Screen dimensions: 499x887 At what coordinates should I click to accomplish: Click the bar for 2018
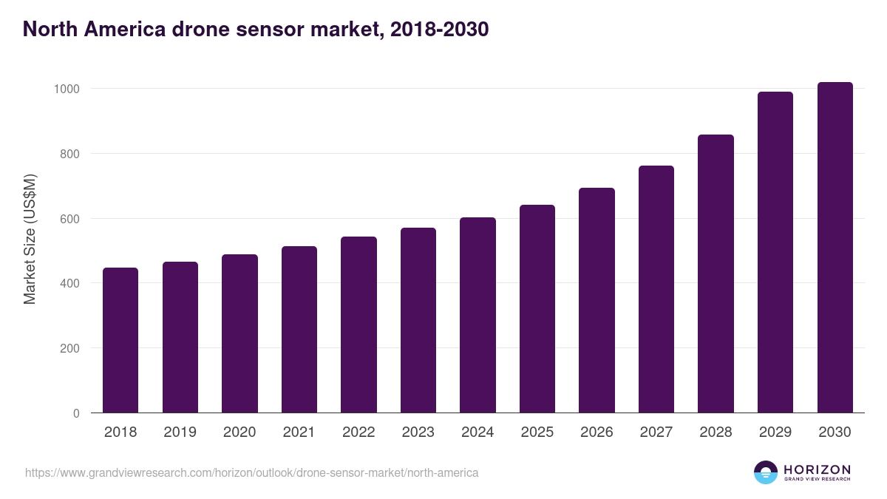point(120,340)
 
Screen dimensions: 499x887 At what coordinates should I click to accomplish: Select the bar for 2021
point(299,330)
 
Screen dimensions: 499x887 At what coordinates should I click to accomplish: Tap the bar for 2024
point(478,315)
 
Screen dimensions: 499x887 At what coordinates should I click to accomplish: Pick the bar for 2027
point(656,289)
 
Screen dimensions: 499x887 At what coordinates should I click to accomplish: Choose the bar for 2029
point(775,252)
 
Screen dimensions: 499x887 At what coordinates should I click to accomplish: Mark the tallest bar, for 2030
point(835,248)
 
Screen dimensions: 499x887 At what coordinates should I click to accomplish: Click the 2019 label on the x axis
point(180,432)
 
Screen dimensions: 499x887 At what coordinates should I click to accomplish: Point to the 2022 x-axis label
point(358,432)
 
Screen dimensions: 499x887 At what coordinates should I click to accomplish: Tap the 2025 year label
point(537,432)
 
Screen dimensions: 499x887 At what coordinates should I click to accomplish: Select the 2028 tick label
point(716,432)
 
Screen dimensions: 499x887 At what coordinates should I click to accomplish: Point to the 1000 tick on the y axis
point(67,89)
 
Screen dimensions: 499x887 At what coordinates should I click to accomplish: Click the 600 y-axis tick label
point(69,219)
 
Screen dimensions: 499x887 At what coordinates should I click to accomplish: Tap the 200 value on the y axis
point(69,348)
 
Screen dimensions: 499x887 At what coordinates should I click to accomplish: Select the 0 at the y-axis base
point(76,413)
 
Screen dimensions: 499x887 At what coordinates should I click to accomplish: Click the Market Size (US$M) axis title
point(30,239)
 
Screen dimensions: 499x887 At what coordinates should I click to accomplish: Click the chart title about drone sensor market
point(256,29)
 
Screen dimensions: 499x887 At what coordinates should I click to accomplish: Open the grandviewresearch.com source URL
point(251,472)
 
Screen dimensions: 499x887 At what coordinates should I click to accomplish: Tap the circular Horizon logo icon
point(765,472)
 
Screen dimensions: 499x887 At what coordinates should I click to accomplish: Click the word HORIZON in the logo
point(817,469)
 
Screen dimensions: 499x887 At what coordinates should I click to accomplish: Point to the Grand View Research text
point(817,480)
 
